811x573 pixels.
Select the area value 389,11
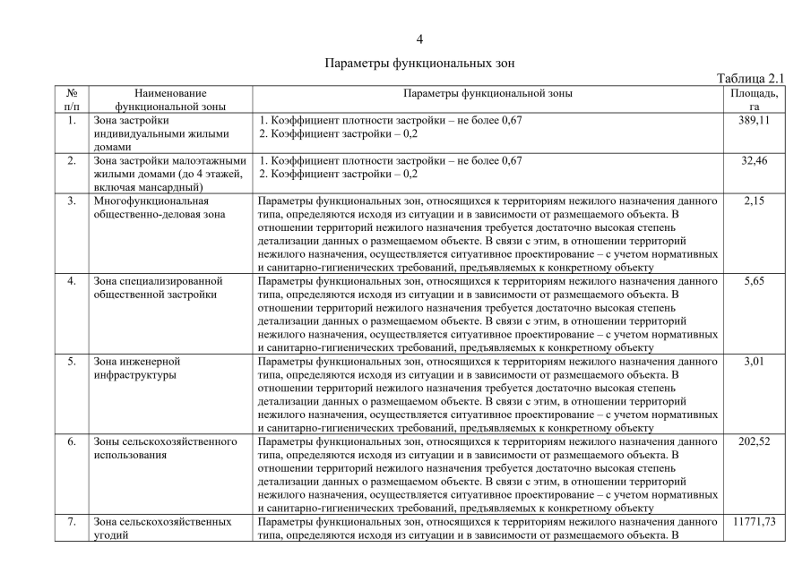click(x=754, y=120)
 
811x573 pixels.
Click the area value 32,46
click(x=754, y=160)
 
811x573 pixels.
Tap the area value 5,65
click(x=754, y=281)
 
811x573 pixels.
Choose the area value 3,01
click(x=754, y=361)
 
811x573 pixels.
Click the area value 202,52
click(x=754, y=441)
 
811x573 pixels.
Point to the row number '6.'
click(x=71, y=441)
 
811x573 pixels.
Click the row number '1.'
click(x=71, y=120)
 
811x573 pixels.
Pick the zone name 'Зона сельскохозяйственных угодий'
click(x=156, y=528)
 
